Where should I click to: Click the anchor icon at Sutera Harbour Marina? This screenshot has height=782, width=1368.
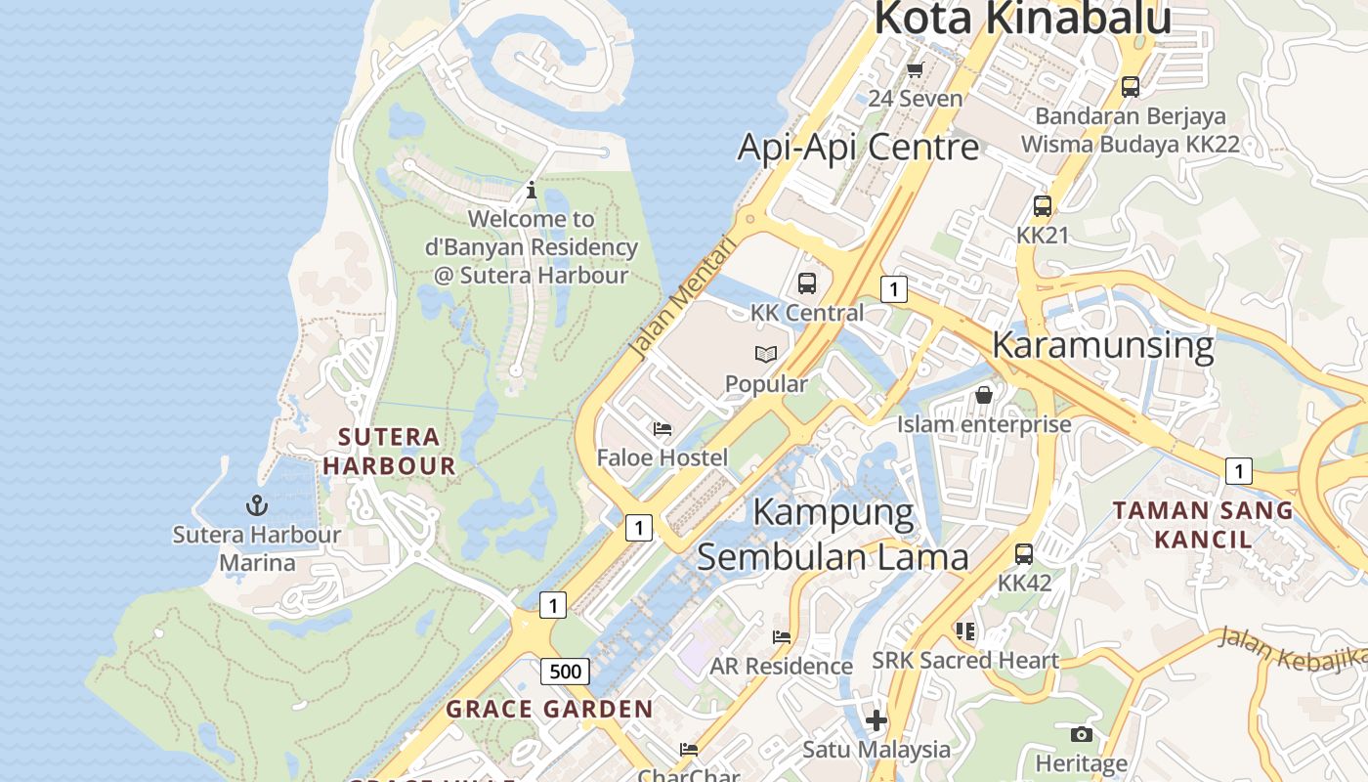point(257,505)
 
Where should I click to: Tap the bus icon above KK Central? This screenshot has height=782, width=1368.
point(806,283)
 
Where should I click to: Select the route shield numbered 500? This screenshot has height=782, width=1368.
point(565,672)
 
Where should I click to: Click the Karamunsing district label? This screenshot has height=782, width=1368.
point(1102,345)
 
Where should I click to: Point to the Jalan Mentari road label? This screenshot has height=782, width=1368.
point(682,296)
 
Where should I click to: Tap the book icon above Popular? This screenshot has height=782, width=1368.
point(766,354)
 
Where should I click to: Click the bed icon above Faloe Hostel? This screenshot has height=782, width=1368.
point(663,428)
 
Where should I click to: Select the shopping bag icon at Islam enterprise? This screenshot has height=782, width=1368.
point(984,395)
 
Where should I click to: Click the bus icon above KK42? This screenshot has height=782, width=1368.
point(1024,554)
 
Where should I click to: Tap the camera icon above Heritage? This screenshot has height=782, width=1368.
point(1081,734)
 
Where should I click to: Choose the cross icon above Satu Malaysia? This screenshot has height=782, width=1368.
point(876,720)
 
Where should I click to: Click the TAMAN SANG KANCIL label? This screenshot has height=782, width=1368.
point(1203,524)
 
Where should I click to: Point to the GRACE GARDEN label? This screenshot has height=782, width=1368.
point(549,710)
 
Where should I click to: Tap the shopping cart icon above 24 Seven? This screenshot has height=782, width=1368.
point(915,69)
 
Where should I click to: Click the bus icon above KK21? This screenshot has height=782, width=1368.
point(1043,206)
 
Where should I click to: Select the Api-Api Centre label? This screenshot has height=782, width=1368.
point(857,147)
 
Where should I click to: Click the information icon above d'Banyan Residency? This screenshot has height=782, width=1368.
point(532,190)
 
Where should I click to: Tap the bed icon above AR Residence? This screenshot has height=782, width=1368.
point(781,636)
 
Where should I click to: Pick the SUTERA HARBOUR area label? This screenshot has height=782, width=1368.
point(389,451)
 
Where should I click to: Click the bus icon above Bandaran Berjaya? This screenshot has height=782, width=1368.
point(1131,87)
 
